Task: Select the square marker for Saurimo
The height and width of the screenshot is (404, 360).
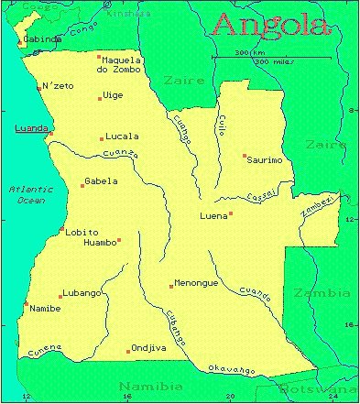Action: (245, 156)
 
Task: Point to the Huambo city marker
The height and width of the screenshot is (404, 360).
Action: (119, 240)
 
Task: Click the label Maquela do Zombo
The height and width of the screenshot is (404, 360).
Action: (123, 64)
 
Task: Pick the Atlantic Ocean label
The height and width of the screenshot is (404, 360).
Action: (31, 193)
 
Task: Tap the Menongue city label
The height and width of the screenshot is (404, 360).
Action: (196, 283)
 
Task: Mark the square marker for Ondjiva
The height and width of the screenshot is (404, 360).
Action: (128, 351)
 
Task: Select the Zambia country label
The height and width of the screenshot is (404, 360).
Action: (321, 293)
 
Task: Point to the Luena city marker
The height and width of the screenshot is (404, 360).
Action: (231, 213)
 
